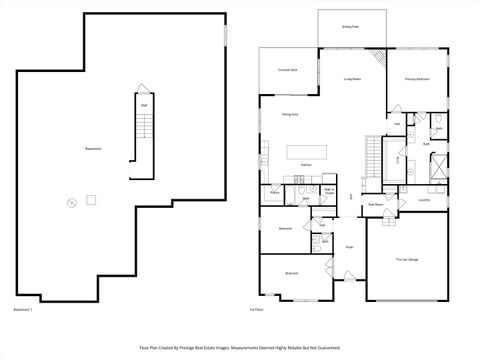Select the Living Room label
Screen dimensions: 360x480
point(353,77)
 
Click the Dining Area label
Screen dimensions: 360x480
point(292,114)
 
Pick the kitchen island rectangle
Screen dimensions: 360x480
point(306,153)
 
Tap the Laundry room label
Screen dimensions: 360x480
point(423,198)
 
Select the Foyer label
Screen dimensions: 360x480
point(350,245)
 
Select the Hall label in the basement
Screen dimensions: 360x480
point(143,104)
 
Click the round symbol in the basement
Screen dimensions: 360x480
point(70,204)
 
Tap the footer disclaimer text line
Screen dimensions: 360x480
point(240,348)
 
